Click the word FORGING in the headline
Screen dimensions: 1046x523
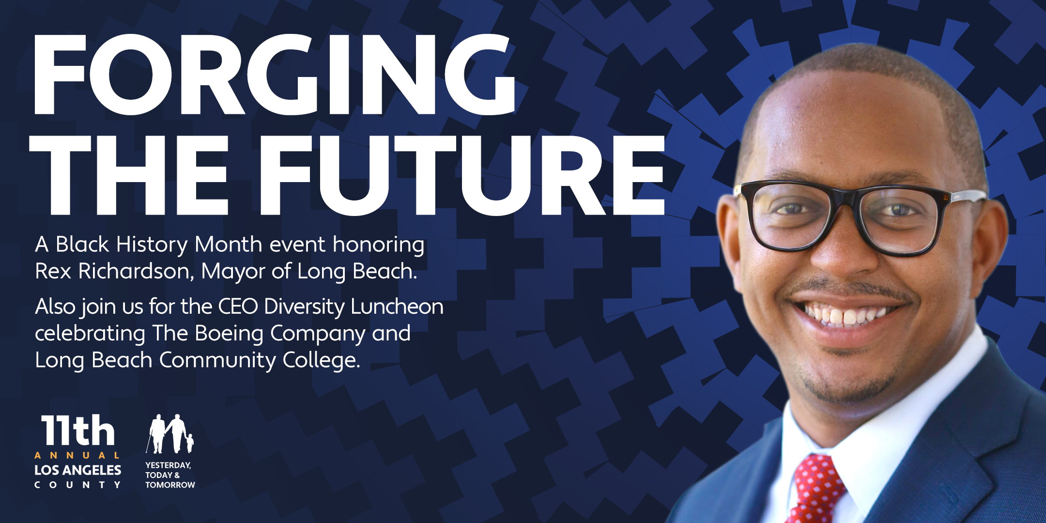point(274,75)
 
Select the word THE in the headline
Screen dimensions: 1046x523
point(128,175)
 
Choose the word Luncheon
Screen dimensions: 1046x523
point(397,307)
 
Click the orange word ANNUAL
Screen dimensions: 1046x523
point(77,456)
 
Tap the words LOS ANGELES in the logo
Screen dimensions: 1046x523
point(78,470)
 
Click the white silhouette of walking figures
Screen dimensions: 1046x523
point(169,433)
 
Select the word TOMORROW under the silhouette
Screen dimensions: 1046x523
point(170,485)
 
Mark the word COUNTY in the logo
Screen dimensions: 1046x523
point(77,485)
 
